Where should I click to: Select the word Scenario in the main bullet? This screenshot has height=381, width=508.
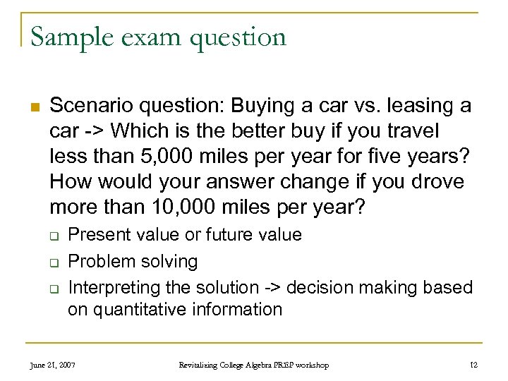coord(92,106)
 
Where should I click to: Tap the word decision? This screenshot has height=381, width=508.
coord(317,287)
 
